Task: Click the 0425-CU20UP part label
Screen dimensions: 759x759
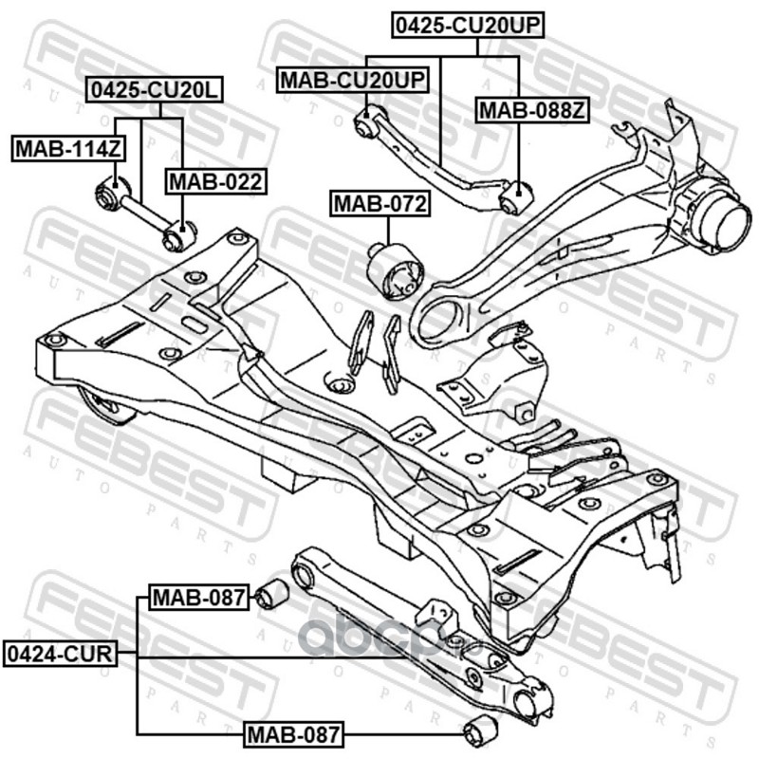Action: pyautogui.click(x=468, y=26)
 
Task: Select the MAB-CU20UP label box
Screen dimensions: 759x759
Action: pyautogui.click(x=353, y=80)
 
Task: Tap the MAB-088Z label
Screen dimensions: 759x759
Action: pyautogui.click(x=532, y=111)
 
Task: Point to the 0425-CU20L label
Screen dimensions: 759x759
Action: pyautogui.click(x=155, y=89)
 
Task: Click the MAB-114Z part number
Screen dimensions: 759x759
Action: pyautogui.click(x=68, y=149)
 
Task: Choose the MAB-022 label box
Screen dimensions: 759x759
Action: pyautogui.click(x=216, y=181)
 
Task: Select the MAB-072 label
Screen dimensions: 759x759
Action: pyautogui.click(x=380, y=203)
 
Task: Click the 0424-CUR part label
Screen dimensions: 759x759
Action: pyautogui.click(x=60, y=654)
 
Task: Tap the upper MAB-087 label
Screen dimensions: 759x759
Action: pyautogui.click(x=199, y=597)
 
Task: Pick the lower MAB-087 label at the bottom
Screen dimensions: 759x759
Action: pyautogui.click(x=294, y=734)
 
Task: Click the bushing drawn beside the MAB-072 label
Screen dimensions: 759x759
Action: pyautogui.click(x=395, y=270)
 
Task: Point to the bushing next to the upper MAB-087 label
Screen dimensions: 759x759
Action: pyautogui.click(x=271, y=593)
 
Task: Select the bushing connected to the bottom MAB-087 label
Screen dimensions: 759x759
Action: pyautogui.click(x=480, y=733)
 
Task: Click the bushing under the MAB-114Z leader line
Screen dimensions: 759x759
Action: pyautogui.click(x=113, y=193)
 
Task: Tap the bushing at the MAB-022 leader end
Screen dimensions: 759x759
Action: pyautogui.click(x=179, y=235)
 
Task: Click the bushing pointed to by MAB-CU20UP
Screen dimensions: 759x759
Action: pyautogui.click(x=369, y=121)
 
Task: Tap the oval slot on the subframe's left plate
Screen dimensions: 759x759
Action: pyautogui.click(x=194, y=324)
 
